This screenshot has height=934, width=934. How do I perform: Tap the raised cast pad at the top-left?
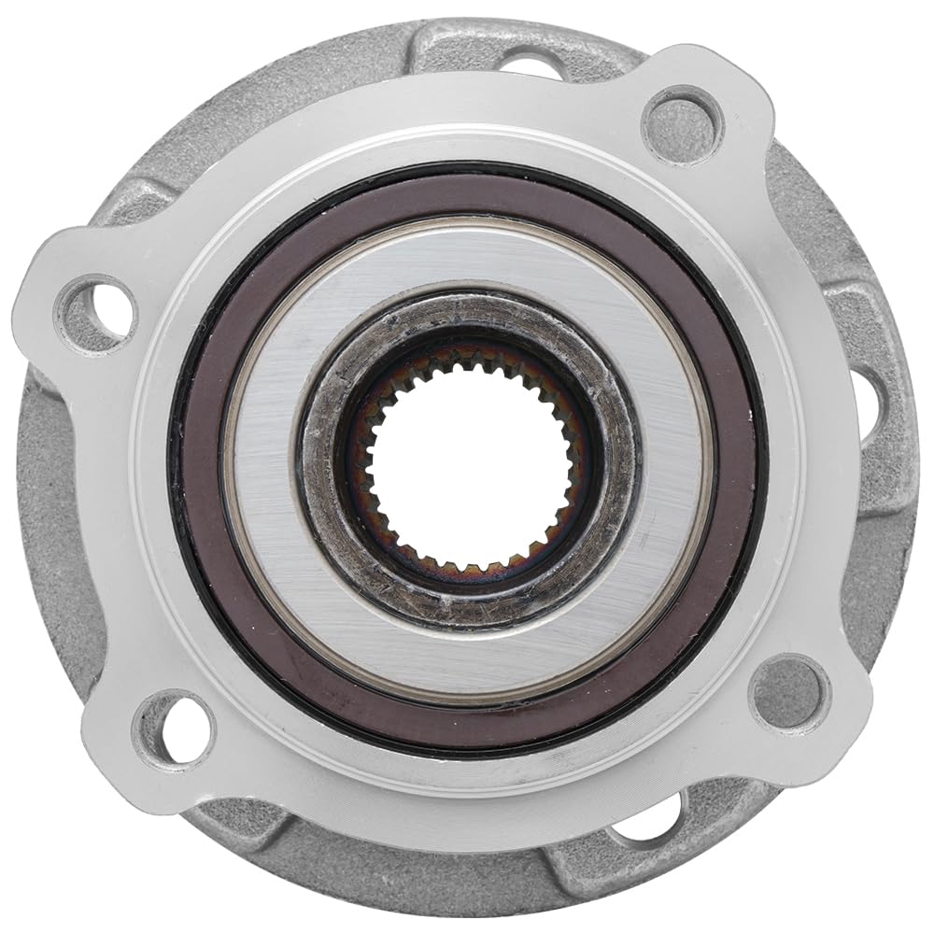(x=140, y=201)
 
